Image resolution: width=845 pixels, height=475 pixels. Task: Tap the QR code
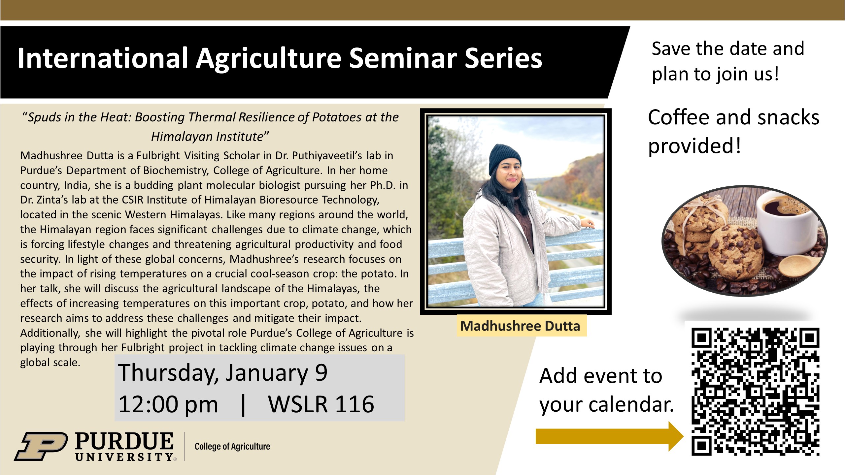pos(755,391)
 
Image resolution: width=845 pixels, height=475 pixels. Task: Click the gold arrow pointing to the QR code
pos(609,436)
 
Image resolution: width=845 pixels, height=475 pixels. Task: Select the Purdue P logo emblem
pos(41,446)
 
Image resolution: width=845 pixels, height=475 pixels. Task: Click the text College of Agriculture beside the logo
pos(232,446)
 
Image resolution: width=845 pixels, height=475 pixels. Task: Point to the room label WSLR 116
pos(321,404)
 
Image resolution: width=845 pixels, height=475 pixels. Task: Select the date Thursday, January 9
pos(223,373)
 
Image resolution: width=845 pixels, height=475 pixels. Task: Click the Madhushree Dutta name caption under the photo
pos(520,326)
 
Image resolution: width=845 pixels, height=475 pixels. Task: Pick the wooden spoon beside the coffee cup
pos(800,267)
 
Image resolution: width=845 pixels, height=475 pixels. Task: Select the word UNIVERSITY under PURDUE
pos(125,457)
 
